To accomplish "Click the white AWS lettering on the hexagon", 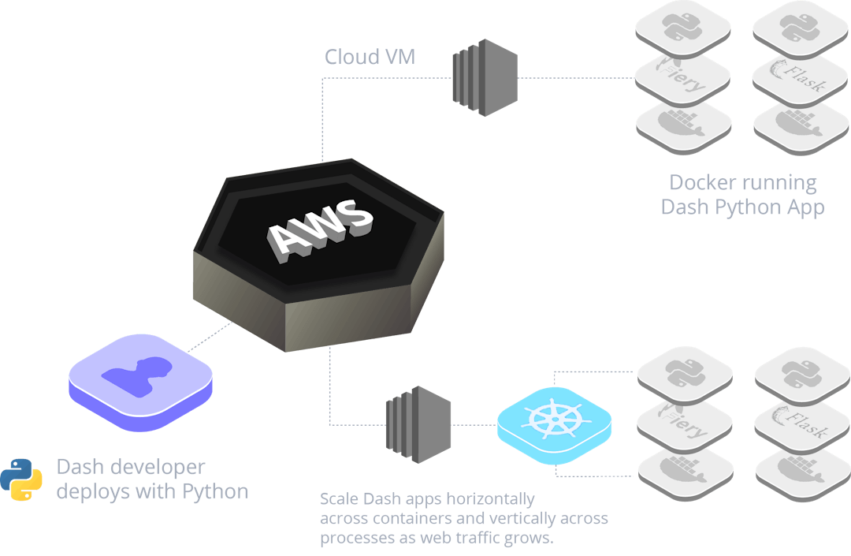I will coord(319,228).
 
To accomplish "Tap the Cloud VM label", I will coord(370,58).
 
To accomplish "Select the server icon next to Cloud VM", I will coord(485,77).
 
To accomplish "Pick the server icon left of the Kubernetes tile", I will coord(418,425).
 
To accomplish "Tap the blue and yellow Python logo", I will coord(21,479).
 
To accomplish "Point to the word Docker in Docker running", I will coord(703,183).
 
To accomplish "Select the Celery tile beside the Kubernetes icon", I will coord(682,427).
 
